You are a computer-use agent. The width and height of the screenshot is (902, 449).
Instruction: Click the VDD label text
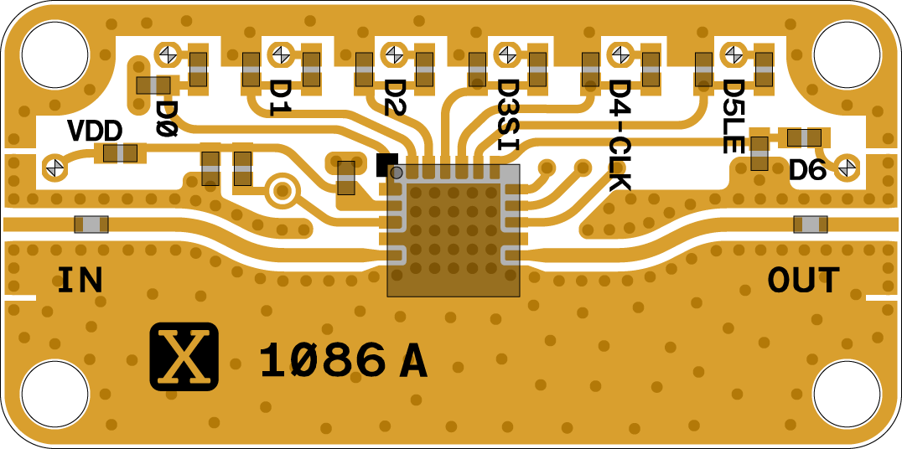(95, 131)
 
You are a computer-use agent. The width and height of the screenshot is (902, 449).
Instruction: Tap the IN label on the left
(80, 280)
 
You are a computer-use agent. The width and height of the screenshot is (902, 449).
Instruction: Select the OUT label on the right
(803, 281)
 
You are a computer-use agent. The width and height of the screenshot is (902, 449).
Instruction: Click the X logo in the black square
(184, 356)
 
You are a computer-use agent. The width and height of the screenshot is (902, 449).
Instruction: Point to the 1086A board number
(343, 362)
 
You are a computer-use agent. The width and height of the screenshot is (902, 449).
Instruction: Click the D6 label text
(807, 171)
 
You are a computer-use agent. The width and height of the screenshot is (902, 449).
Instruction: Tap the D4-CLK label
(619, 134)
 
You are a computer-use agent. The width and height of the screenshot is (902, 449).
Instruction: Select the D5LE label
(733, 116)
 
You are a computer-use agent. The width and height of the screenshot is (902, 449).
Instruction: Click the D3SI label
(508, 114)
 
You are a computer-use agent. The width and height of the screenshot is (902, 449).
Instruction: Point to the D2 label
(393, 97)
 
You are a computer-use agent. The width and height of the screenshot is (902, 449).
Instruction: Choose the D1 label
(279, 97)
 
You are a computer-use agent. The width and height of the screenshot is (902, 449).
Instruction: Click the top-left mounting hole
(54, 55)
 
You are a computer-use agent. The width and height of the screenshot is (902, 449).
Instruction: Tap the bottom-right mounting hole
(847, 394)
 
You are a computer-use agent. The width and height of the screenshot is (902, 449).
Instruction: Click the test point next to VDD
(55, 167)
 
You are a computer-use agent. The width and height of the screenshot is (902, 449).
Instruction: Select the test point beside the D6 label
(847, 167)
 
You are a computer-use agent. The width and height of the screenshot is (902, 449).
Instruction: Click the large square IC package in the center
(454, 230)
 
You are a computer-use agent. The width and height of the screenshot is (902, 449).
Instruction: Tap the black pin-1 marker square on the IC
(386, 164)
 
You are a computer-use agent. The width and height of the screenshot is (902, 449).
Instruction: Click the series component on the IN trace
(91, 224)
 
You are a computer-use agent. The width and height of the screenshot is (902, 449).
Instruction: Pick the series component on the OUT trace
(811, 224)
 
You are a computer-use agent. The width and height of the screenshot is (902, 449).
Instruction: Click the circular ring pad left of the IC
(283, 191)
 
